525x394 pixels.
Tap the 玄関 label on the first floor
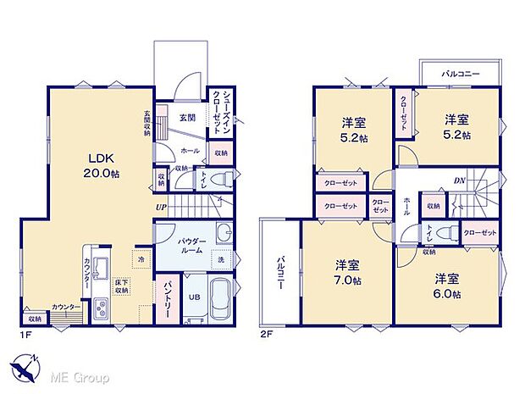point(188,118)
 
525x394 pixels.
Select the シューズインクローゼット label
point(221,114)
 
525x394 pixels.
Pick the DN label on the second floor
point(459,180)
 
